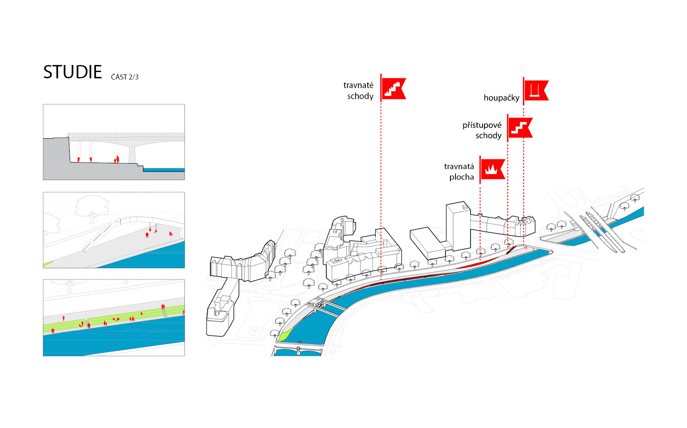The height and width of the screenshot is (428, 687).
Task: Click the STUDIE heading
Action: [x=72, y=72]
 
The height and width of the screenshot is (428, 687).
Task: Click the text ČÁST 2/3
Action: [x=125, y=77]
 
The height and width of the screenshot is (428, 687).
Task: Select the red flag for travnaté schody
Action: [x=393, y=88]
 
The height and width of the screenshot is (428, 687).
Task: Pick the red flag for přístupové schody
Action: [x=520, y=128]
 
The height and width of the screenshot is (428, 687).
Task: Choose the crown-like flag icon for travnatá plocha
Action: [x=492, y=169]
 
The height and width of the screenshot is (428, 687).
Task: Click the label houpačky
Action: [x=501, y=98]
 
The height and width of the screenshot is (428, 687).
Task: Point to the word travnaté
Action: [x=358, y=85]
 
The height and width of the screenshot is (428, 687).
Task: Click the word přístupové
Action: [x=482, y=125]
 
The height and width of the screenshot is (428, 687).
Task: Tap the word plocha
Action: [x=461, y=177]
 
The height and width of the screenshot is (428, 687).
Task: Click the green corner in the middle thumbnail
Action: [x=47, y=264]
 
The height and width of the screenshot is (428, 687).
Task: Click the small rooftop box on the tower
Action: [x=465, y=206]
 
